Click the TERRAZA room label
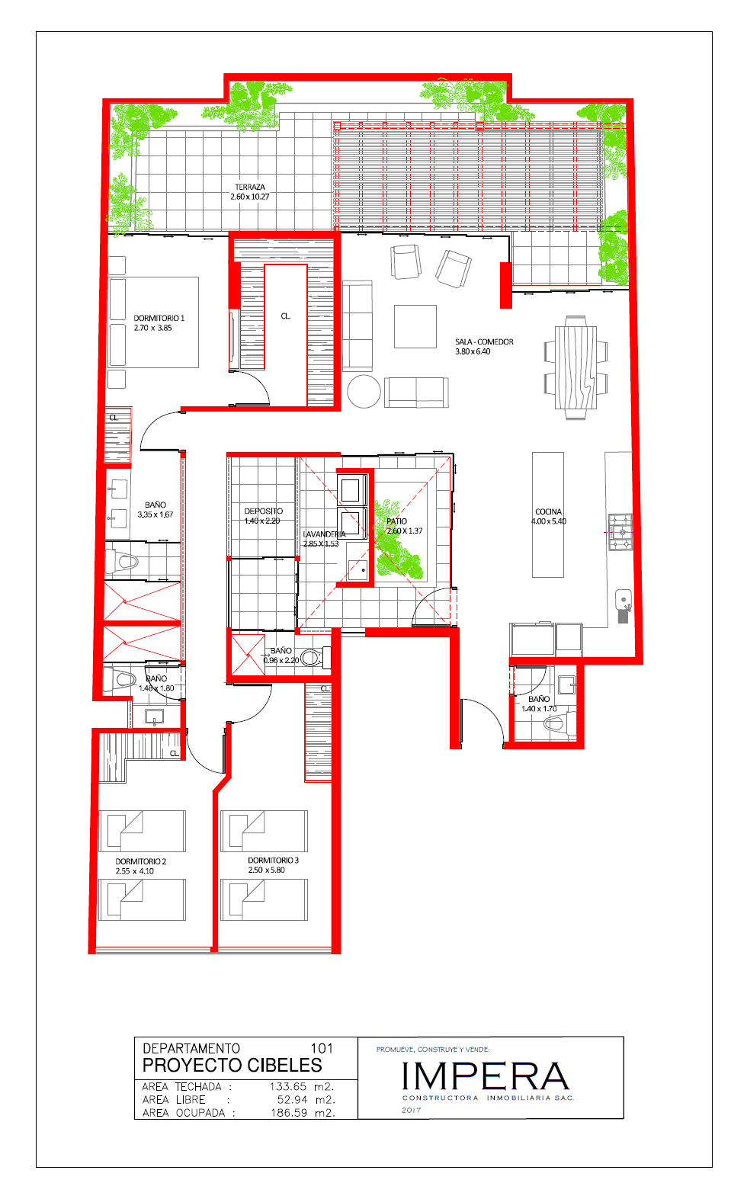(250, 187)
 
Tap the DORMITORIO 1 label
(159, 318)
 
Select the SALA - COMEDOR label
(484, 341)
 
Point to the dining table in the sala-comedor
(575, 367)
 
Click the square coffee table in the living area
(415, 326)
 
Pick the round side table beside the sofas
(364, 391)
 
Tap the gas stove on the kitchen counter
(620, 532)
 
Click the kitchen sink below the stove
(624, 600)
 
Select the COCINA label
(549, 511)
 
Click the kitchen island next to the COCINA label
(548, 515)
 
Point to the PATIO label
(396, 521)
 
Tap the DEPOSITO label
(263, 511)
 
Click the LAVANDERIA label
(324, 534)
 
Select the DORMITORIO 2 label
(141, 861)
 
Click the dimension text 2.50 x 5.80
(267, 870)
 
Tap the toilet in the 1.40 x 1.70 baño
(559, 724)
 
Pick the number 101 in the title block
(322, 1048)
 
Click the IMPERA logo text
(485, 1076)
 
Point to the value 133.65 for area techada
(288, 1087)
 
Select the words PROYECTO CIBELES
(232, 1065)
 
